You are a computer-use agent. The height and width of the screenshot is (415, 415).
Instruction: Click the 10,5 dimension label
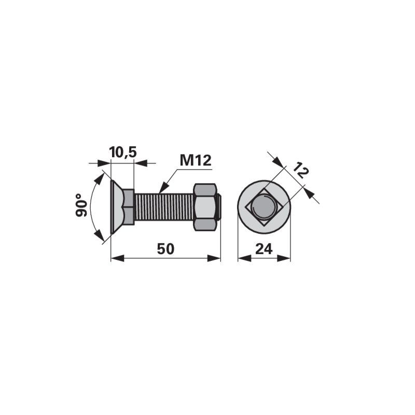[x=123, y=153]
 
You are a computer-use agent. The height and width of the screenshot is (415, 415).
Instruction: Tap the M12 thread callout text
[x=196, y=160]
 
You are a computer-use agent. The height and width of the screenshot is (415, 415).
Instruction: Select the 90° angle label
[x=81, y=205]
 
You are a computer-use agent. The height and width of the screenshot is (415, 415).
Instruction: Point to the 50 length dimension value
[x=165, y=249]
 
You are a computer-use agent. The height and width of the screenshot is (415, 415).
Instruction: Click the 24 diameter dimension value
[x=264, y=249]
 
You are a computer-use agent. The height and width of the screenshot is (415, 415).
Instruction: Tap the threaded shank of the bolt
[x=164, y=207]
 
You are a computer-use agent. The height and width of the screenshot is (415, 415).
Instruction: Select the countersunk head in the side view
[x=117, y=207]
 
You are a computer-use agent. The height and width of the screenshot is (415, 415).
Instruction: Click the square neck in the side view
[x=129, y=207]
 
